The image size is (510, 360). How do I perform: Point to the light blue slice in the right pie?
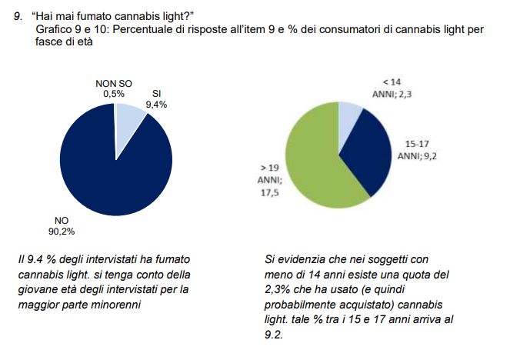(x=350, y=114)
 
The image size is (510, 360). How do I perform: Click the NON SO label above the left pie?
(x=114, y=83)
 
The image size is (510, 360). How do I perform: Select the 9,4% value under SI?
(x=156, y=104)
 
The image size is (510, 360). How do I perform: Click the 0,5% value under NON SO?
(x=114, y=93)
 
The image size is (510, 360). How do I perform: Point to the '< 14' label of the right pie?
(x=392, y=81)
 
